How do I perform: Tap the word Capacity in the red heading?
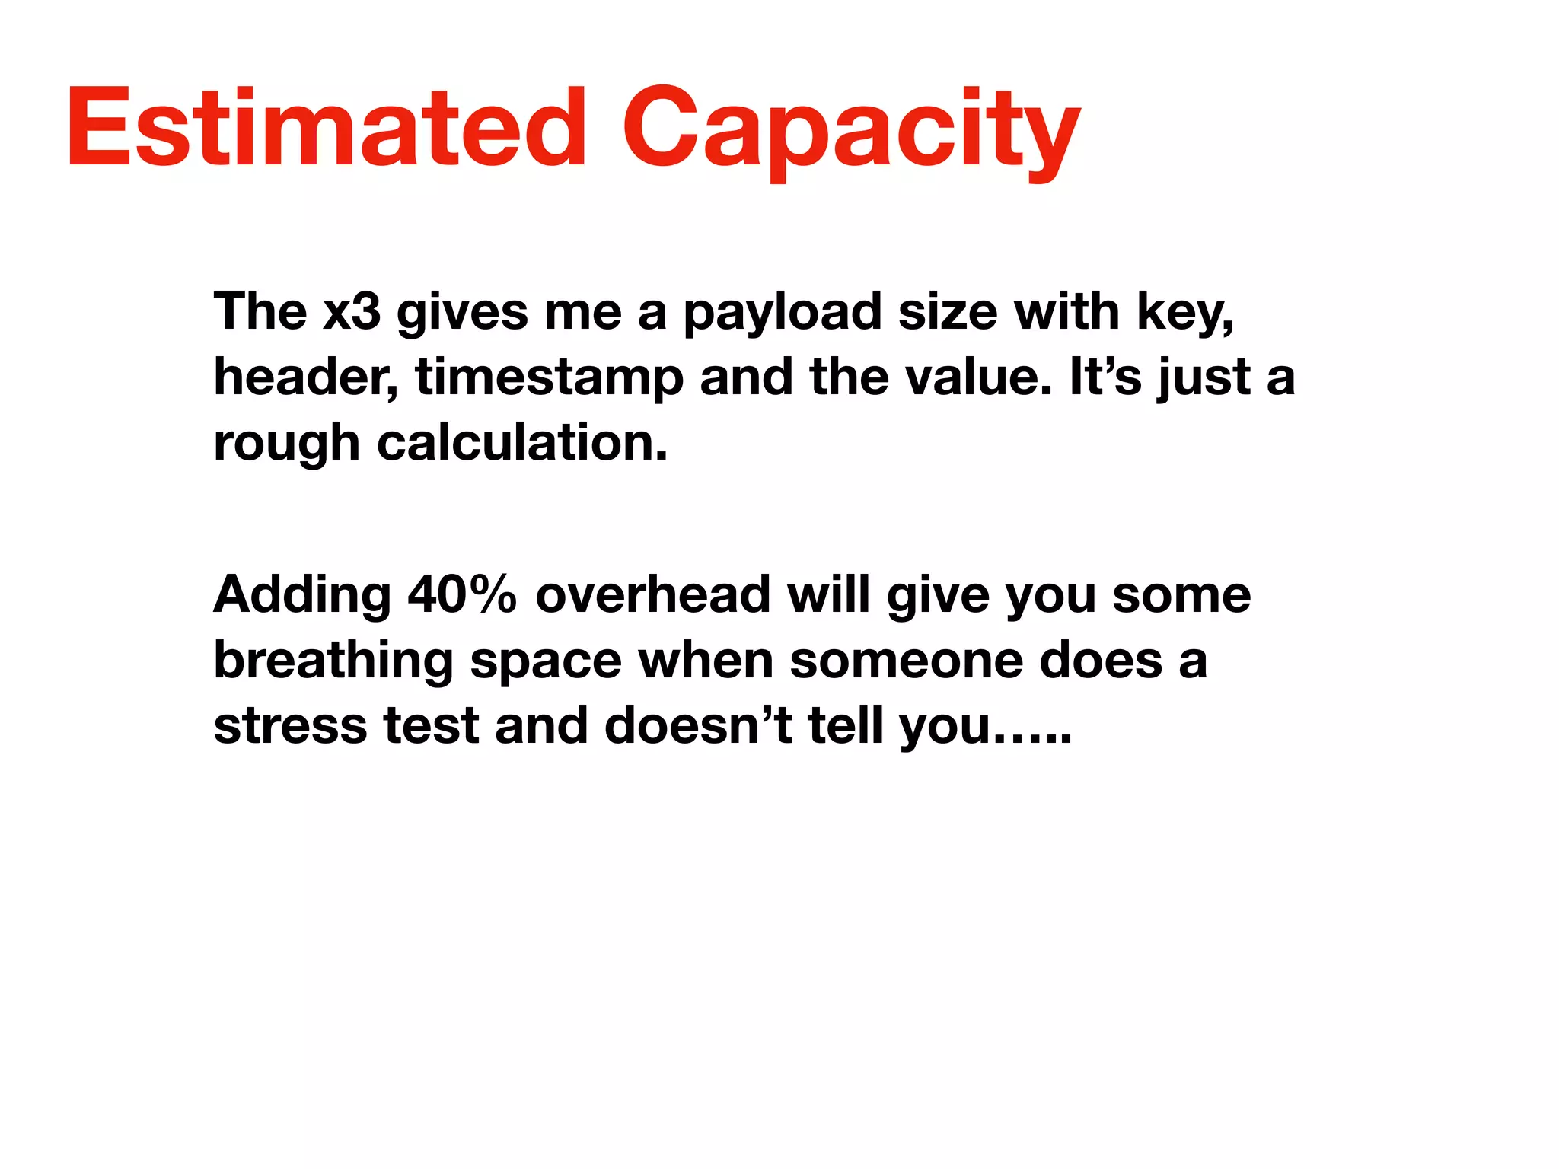coord(851,129)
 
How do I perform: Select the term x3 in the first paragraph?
coord(351,312)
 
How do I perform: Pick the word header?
coord(305,377)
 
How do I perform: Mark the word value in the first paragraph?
coord(979,377)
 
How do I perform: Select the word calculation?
coord(521,443)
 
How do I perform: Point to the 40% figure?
coord(462,595)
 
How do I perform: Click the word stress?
coord(290,726)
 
